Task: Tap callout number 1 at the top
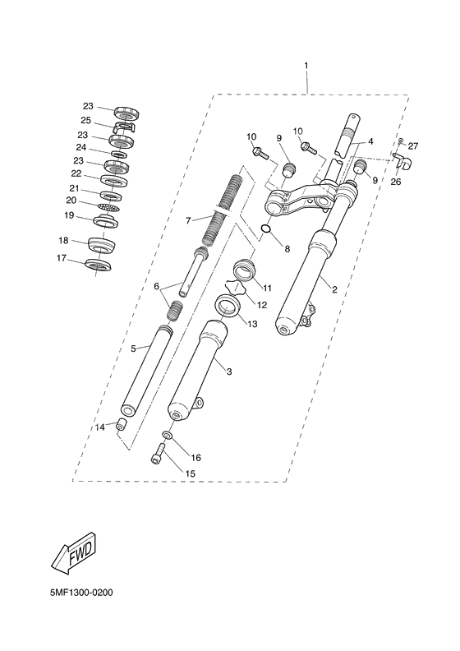coord(306,64)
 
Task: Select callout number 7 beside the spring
coord(188,220)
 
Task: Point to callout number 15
coord(190,473)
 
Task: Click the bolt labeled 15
coord(156,453)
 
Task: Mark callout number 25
coord(85,120)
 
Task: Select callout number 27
coord(413,146)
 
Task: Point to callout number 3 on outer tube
coord(229,372)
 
